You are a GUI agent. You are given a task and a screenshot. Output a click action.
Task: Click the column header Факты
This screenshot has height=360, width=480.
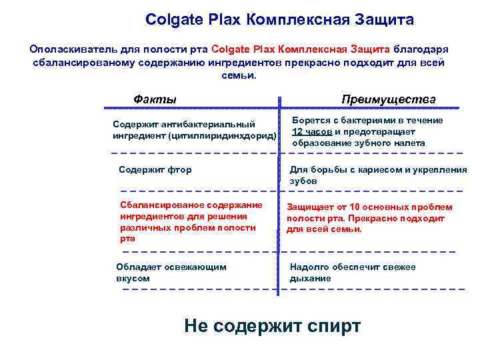pos(155,99)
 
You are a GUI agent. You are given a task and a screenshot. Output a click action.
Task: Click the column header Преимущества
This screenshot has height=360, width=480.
pos(388,99)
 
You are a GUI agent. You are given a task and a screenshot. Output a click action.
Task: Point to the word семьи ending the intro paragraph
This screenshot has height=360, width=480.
pos(236,75)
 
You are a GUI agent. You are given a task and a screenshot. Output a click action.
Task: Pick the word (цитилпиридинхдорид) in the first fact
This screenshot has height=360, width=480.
pos(227,136)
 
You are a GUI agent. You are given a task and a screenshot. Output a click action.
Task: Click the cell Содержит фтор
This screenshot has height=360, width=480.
pos(155,169)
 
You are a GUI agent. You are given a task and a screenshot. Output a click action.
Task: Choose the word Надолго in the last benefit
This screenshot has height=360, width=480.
pos(309,267)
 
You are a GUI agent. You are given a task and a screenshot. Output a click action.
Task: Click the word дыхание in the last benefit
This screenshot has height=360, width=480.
pos(310,278)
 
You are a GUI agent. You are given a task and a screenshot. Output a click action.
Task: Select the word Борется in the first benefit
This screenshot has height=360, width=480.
pos(310,120)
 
